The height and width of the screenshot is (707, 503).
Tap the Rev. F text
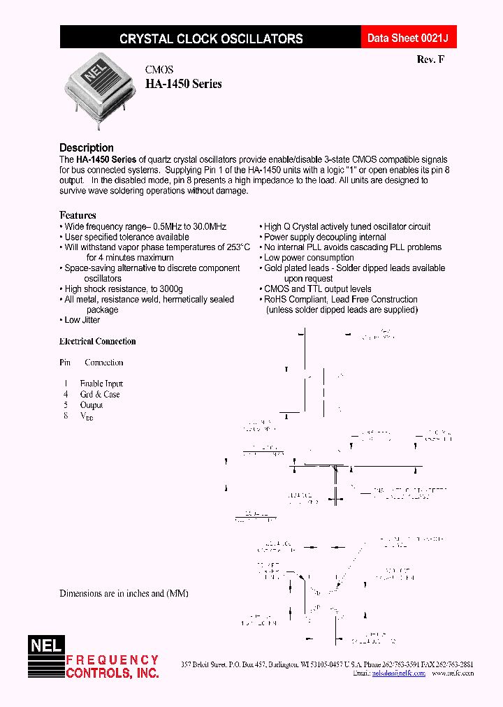tap(430, 59)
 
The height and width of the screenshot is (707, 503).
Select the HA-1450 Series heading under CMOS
tap(183, 84)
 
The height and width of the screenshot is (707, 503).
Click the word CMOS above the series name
tap(159, 70)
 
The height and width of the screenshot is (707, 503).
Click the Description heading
tap(87, 147)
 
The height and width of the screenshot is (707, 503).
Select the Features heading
tap(78, 215)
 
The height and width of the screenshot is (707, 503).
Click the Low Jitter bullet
tap(82, 320)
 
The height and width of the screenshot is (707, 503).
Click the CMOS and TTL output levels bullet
tap(317, 289)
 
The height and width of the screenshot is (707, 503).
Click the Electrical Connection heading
tap(98, 342)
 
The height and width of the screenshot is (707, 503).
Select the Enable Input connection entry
tap(101, 384)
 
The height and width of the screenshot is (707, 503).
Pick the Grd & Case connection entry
tap(100, 394)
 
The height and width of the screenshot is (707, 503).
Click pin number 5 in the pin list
tap(66, 404)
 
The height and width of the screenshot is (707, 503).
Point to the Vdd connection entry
tap(87, 416)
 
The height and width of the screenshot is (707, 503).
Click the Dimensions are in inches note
tap(124, 593)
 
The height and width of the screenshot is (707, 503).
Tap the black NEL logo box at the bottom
tap(45, 646)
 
